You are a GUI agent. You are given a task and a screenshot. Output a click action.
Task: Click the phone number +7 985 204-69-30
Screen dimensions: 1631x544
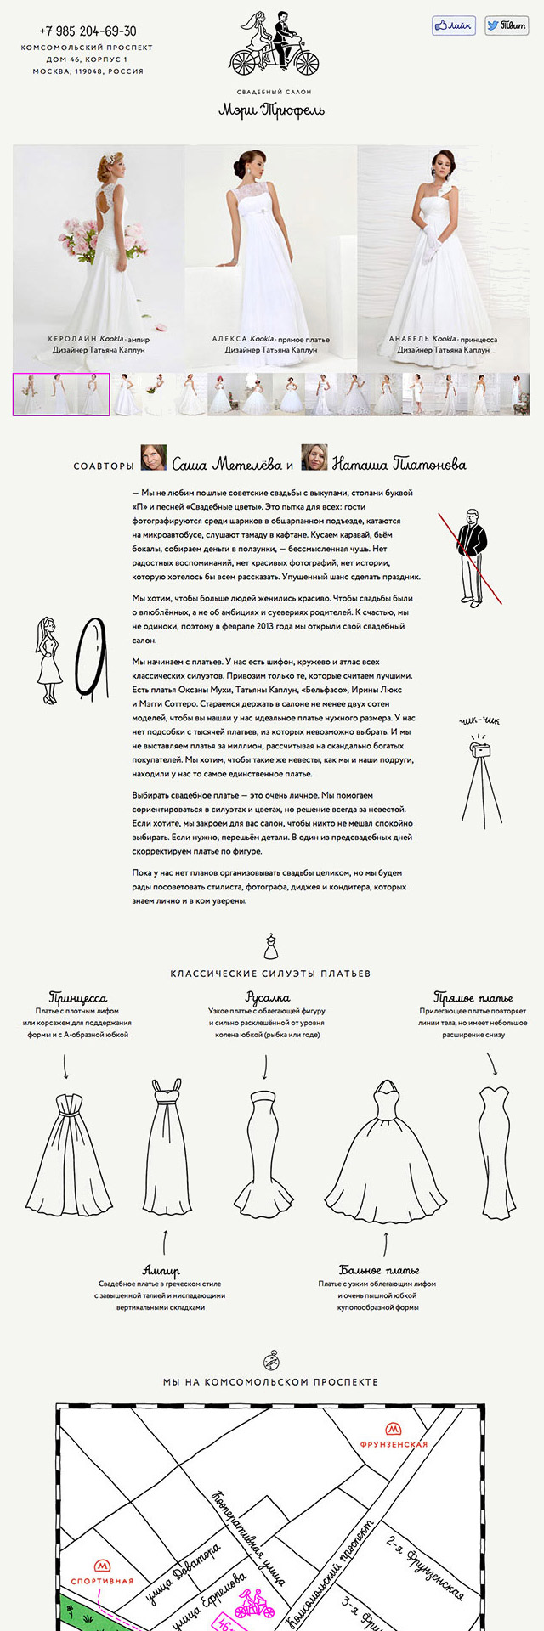click(x=88, y=31)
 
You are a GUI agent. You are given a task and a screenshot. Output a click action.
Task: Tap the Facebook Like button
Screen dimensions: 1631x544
click(x=452, y=25)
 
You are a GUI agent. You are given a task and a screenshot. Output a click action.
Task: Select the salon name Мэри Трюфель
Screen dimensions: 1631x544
click(x=271, y=110)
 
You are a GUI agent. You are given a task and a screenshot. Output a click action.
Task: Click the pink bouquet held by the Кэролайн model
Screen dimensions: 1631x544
click(x=84, y=237)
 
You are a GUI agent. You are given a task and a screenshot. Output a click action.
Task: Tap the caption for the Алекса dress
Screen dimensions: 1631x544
click(x=270, y=344)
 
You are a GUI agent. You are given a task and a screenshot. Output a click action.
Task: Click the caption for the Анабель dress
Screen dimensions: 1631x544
click(x=443, y=344)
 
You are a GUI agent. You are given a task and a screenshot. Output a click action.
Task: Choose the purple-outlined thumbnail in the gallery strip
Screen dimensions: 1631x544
click(x=61, y=394)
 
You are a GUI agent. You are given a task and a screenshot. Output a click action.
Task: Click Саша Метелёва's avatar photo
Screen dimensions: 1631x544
click(x=153, y=458)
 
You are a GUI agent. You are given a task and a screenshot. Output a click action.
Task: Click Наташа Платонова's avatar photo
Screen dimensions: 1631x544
click(x=314, y=458)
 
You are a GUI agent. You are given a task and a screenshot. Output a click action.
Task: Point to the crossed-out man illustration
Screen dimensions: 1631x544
click(x=470, y=556)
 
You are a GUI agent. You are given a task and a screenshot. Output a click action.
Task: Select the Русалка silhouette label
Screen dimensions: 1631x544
click(x=267, y=997)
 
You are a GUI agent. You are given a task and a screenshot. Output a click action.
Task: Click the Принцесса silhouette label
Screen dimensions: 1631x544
click(x=78, y=997)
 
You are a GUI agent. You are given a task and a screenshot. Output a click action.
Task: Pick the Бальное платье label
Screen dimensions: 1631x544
click(x=379, y=1270)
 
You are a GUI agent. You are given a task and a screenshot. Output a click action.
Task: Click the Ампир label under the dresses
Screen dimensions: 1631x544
click(x=161, y=1272)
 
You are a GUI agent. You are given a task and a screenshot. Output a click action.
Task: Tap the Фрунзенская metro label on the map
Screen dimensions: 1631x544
click(x=394, y=1443)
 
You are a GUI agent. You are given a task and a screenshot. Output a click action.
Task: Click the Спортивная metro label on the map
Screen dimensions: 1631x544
click(x=102, y=1581)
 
